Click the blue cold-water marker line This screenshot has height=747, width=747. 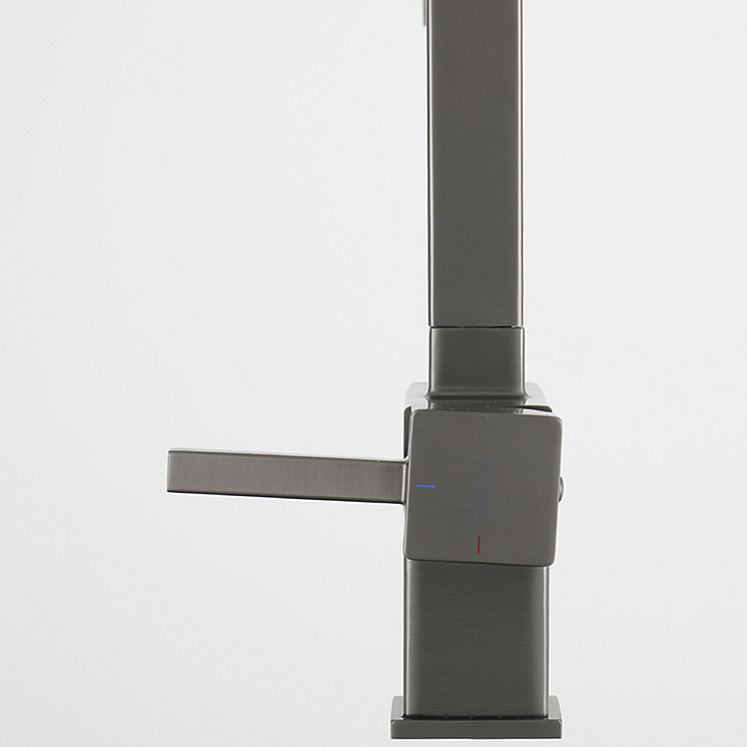point(425,486)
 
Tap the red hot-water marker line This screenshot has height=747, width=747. point(479,545)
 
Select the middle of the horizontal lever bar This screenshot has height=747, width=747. point(288,476)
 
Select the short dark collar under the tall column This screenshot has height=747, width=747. point(476,359)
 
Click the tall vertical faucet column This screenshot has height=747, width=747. point(476,159)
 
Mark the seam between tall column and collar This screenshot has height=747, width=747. point(476,327)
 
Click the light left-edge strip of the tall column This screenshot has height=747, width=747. point(433,159)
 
